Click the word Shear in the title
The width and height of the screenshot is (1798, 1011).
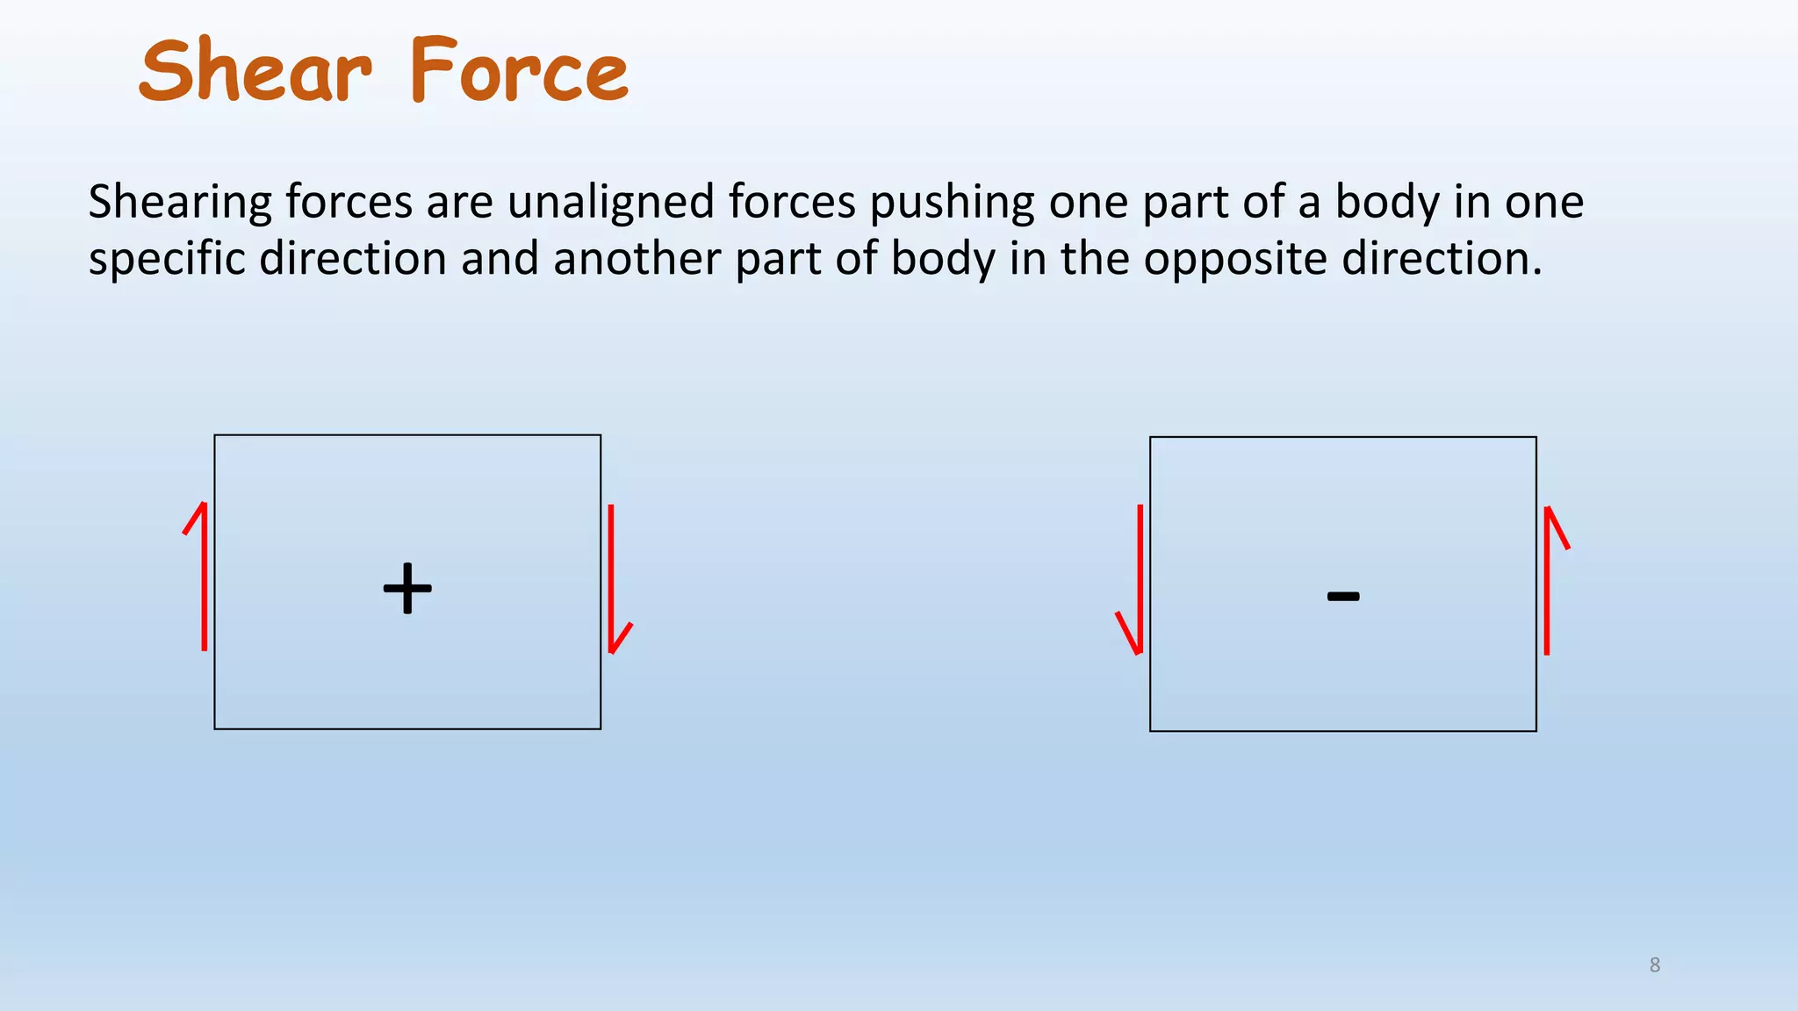pyautogui.click(x=255, y=70)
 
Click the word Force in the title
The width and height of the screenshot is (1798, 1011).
pyautogui.click(x=519, y=70)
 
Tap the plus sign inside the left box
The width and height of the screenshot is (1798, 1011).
pyautogui.click(x=407, y=588)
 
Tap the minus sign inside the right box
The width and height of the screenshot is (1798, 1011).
pyautogui.click(x=1343, y=597)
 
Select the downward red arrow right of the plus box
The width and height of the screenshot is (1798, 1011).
pyautogui.click(x=612, y=579)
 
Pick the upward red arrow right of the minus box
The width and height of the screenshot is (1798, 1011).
pyautogui.click(x=1548, y=579)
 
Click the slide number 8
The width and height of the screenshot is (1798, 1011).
pyautogui.click(x=1655, y=965)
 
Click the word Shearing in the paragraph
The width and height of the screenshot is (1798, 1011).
pyautogui.click(x=180, y=203)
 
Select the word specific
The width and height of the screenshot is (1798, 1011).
pyautogui.click(x=167, y=260)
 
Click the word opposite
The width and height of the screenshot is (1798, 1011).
pyautogui.click(x=1234, y=260)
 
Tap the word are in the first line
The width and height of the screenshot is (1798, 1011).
pyautogui.click(x=459, y=203)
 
